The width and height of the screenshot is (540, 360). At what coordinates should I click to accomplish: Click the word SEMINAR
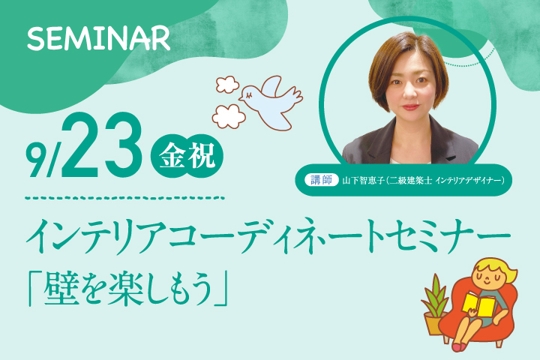(x=98, y=38)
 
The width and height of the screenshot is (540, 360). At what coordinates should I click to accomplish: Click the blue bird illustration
(x=271, y=103)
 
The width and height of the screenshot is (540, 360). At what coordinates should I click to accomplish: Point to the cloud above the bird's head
(x=227, y=85)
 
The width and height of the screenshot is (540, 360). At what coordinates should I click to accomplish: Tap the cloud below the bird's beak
(x=228, y=116)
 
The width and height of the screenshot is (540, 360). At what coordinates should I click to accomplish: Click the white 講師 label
(x=321, y=180)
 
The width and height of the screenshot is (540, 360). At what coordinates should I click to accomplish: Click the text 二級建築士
(x=410, y=181)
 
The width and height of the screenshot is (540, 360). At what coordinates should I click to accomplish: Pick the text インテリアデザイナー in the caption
(x=468, y=181)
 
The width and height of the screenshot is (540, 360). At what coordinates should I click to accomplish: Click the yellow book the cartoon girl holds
(x=478, y=304)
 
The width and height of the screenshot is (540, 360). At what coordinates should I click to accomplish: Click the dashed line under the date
(x=125, y=199)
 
